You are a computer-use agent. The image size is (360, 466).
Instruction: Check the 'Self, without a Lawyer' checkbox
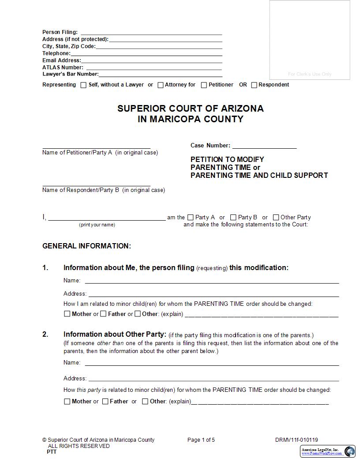(x=83, y=85)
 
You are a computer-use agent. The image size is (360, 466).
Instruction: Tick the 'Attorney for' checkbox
(x=161, y=85)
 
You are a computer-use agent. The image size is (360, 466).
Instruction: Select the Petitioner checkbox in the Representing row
(x=204, y=85)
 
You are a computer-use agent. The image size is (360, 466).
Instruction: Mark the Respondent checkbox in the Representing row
(x=254, y=85)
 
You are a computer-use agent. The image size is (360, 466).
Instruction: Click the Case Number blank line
(x=264, y=146)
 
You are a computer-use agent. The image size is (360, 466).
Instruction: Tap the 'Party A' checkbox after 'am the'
(x=191, y=217)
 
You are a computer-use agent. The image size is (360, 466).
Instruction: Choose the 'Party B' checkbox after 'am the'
(x=233, y=217)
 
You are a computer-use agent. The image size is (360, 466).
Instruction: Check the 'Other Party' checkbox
(x=276, y=217)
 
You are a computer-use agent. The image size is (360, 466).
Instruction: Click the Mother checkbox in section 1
(x=67, y=314)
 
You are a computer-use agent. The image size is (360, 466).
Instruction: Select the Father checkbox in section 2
(x=105, y=402)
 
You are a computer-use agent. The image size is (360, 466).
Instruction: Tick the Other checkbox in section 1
(x=138, y=314)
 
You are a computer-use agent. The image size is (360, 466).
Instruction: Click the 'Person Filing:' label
(x=60, y=32)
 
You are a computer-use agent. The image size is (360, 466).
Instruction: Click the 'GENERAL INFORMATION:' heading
(x=86, y=246)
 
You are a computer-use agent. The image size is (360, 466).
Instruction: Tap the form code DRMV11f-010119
(x=296, y=440)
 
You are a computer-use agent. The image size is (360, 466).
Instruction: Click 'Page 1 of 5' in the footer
(x=201, y=440)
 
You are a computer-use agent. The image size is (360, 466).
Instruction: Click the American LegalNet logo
(x=327, y=451)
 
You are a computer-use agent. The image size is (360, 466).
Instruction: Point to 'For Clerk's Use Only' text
(x=310, y=74)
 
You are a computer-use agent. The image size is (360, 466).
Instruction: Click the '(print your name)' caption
(x=97, y=225)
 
